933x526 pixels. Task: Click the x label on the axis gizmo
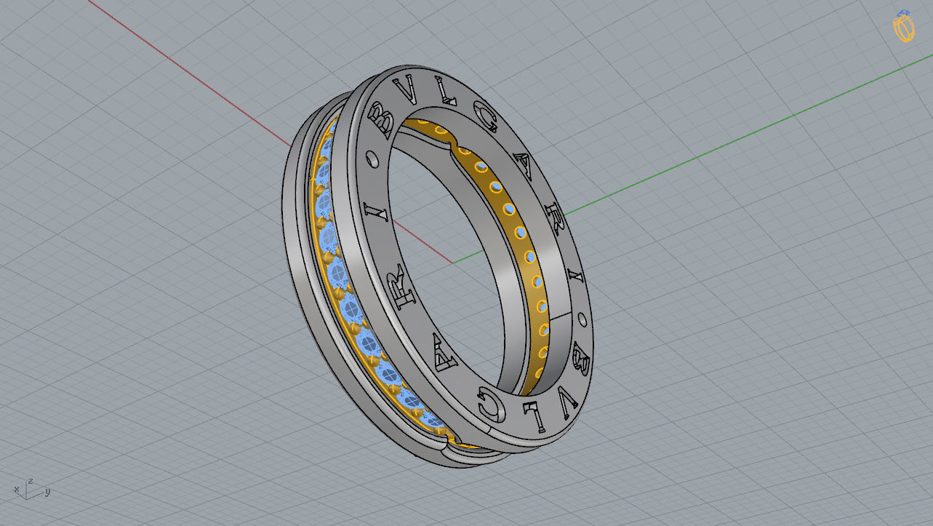tap(16, 489)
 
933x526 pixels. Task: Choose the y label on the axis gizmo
tap(47, 492)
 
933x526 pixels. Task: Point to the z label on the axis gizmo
tap(31, 481)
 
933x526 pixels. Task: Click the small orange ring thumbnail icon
tap(903, 28)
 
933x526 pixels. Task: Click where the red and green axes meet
tap(452, 262)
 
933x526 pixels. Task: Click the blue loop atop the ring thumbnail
tap(904, 12)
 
